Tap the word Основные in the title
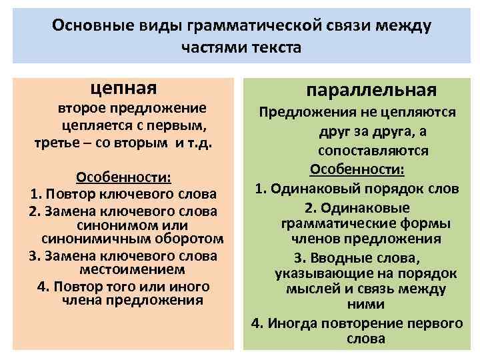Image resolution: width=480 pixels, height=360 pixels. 87,26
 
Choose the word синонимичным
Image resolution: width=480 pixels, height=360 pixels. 85,239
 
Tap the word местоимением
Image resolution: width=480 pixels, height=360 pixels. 123,270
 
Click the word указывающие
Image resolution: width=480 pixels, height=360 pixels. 321,273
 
